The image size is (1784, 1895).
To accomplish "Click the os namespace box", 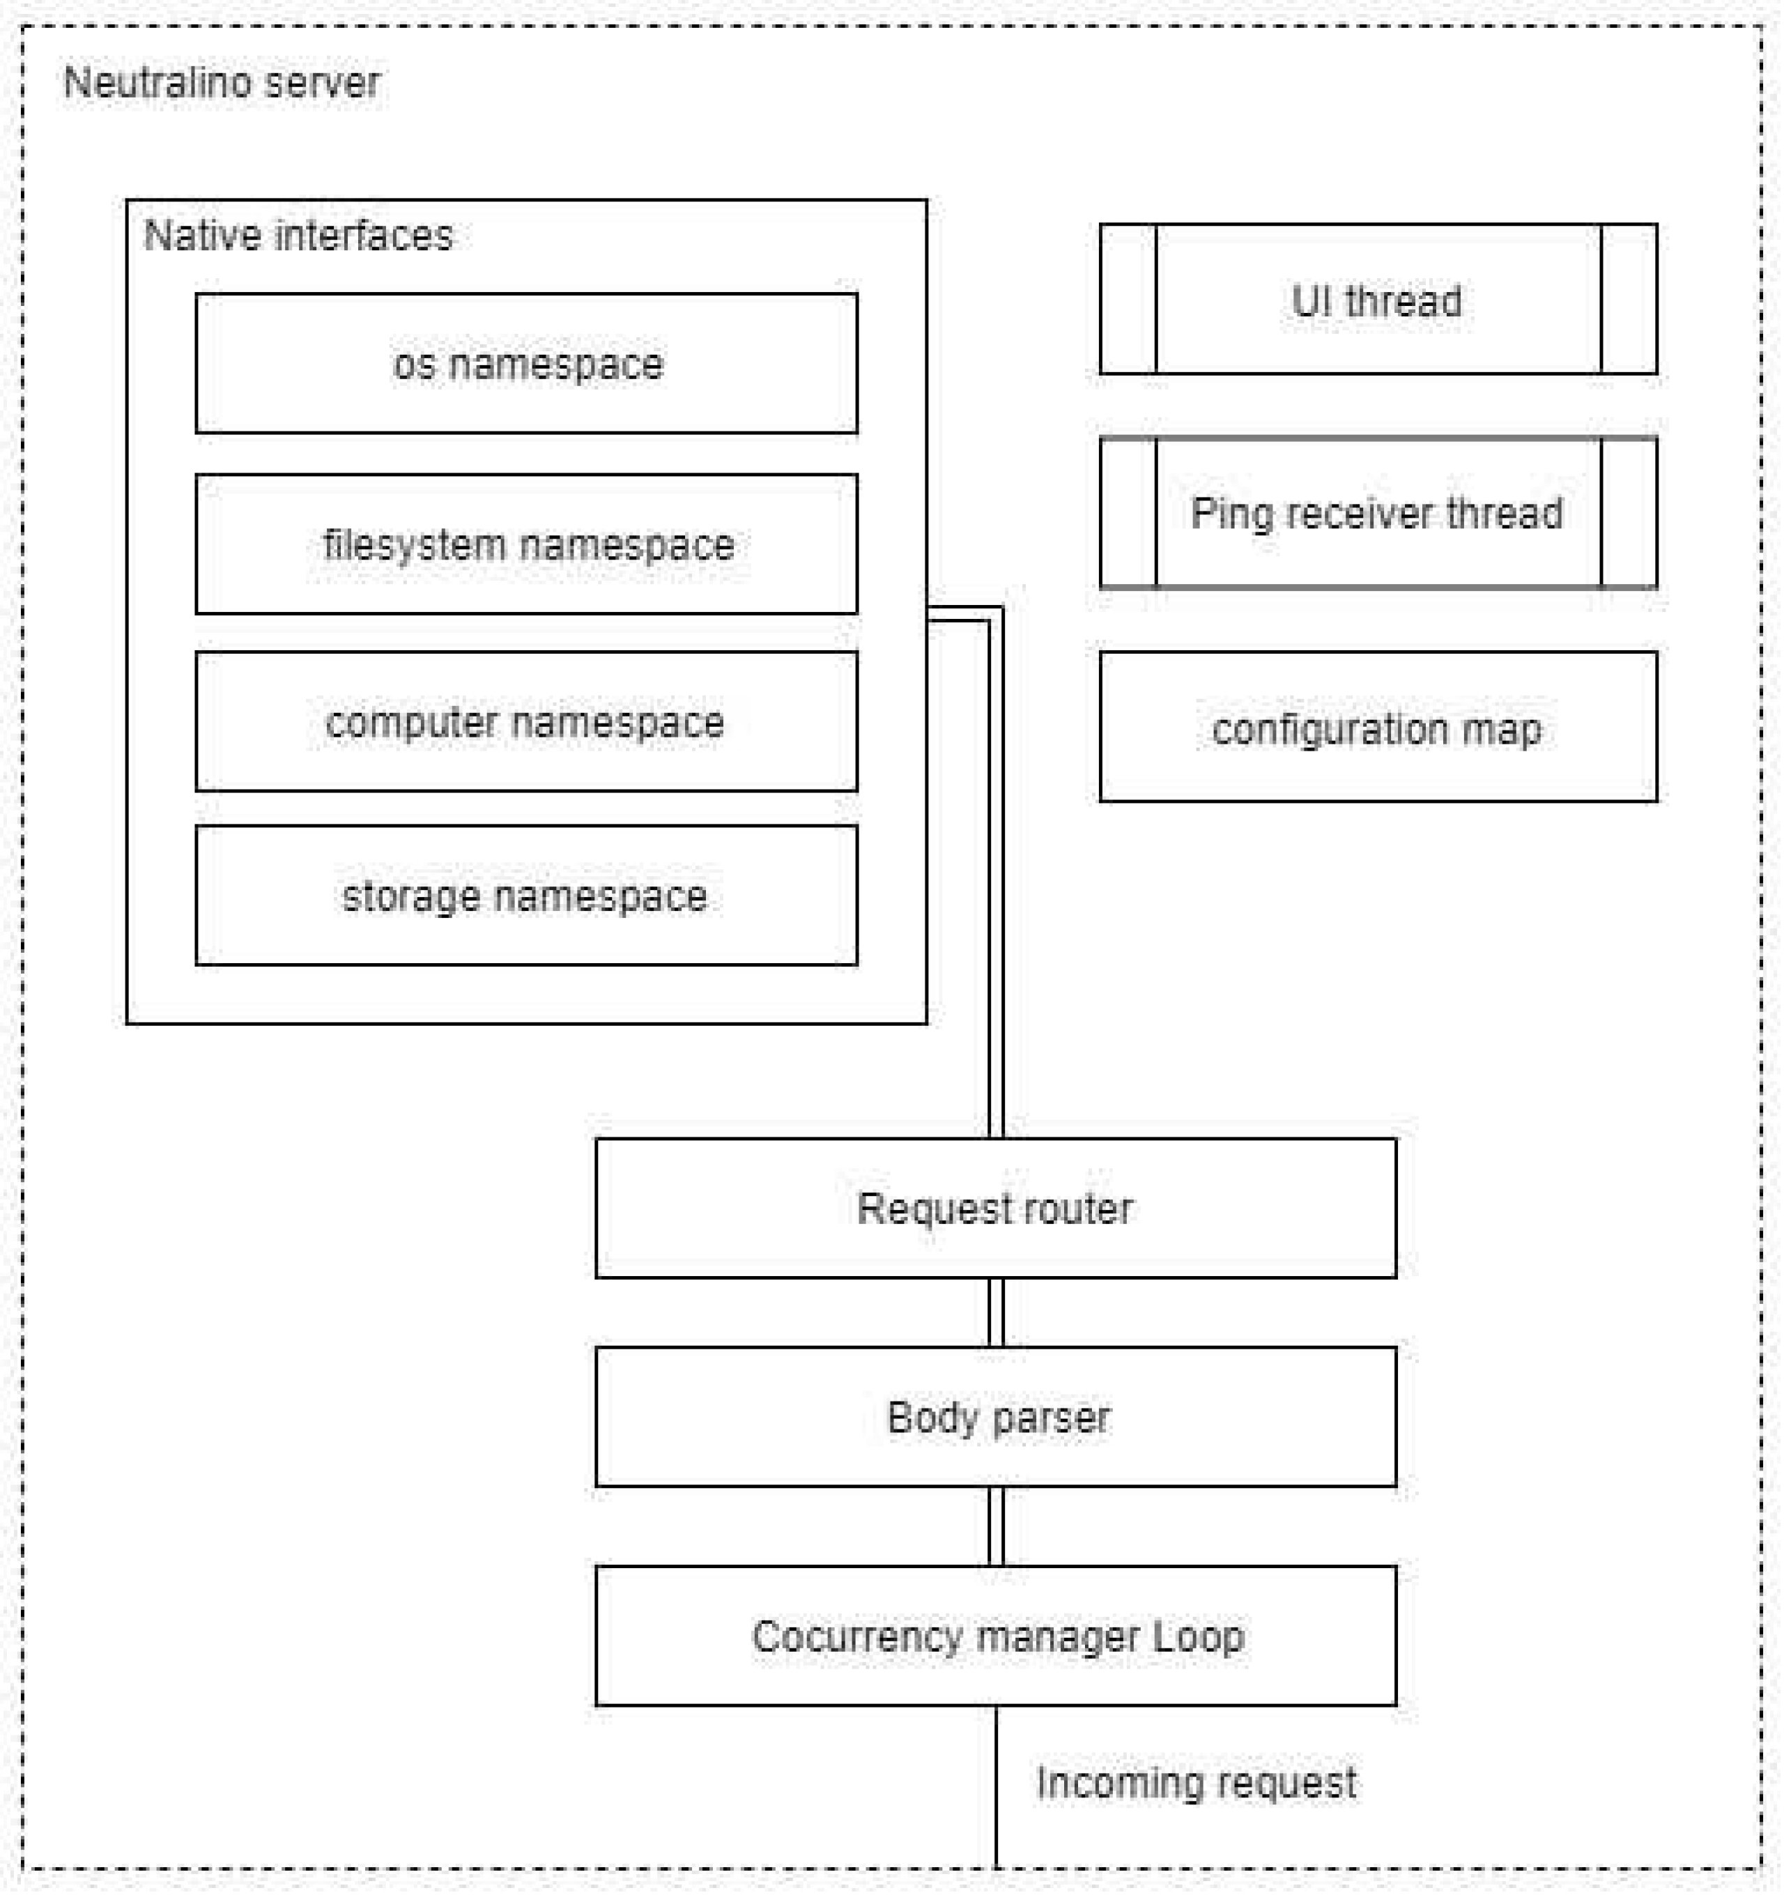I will point(526,363).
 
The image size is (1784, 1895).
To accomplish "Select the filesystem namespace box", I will point(526,544).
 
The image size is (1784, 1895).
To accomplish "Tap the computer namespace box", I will point(526,721).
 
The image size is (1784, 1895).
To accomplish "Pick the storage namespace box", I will point(526,896).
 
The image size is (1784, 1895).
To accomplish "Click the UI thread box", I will point(1377,299).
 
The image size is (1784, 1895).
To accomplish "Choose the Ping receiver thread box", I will point(1377,513).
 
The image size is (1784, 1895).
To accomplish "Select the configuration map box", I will point(1377,728).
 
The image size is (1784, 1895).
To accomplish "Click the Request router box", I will point(995,1208).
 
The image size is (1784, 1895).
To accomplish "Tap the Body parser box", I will point(995,1416).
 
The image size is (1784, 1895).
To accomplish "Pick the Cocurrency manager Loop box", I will point(995,1636).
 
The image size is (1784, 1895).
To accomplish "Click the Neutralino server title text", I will point(221,83).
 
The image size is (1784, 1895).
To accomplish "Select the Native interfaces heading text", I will point(298,236).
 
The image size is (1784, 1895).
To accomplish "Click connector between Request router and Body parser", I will point(996,1312).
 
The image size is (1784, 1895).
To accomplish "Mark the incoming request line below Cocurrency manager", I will point(996,1792).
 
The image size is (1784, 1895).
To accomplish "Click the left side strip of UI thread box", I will point(1128,299).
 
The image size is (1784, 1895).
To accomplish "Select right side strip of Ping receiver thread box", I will point(1628,513).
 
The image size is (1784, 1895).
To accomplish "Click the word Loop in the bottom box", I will point(1198,1636).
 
